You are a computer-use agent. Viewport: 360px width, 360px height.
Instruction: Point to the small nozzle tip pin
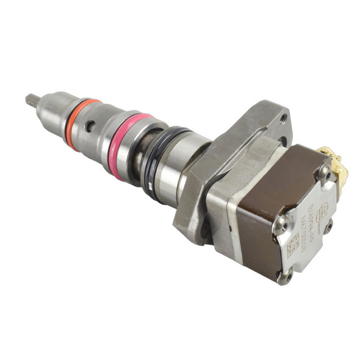[x=31, y=99]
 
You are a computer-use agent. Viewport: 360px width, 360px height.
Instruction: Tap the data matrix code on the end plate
[x=293, y=244]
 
